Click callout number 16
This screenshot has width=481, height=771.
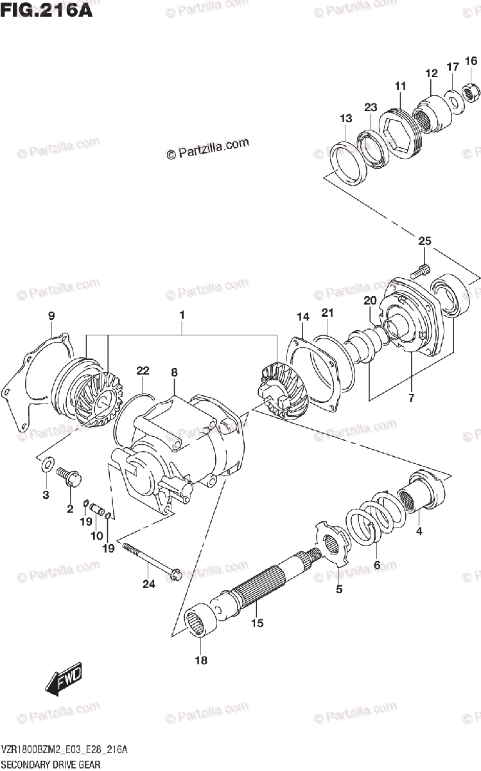tap(471, 61)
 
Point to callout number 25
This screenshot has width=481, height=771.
tap(424, 242)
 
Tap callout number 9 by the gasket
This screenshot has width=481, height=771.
tap(51, 315)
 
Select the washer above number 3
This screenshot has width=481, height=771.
tap(46, 464)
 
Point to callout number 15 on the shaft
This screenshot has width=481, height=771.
tap(257, 622)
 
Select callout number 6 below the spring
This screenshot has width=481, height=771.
tap(377, 565)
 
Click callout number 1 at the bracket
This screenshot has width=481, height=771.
tap(182, 315)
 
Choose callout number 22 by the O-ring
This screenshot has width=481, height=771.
tap(142, 371)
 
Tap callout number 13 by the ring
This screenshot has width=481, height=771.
tap(346, 118)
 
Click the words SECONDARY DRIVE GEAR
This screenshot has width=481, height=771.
tap(51, 766)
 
